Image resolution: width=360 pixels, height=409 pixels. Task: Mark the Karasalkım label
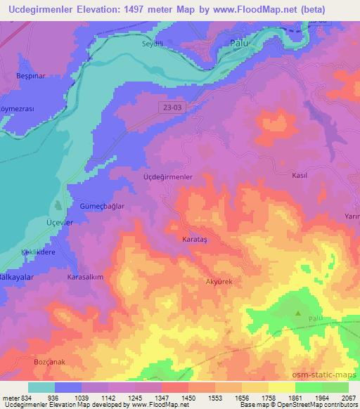tap(85, 278)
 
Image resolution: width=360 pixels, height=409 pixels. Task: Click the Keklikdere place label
tap(31, 251)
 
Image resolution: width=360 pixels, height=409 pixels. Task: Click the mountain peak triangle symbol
tap(298, 314)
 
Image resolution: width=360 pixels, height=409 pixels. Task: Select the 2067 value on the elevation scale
tap(349, 398)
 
